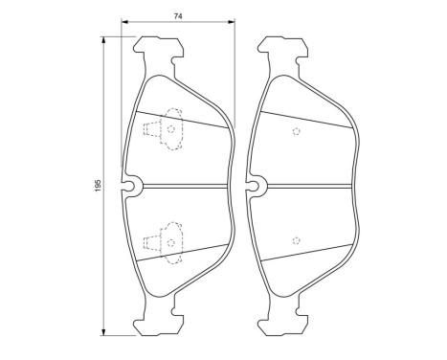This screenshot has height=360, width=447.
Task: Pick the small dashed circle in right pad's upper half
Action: coord(296,132)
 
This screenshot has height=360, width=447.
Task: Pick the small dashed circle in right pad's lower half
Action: coord(296,237)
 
